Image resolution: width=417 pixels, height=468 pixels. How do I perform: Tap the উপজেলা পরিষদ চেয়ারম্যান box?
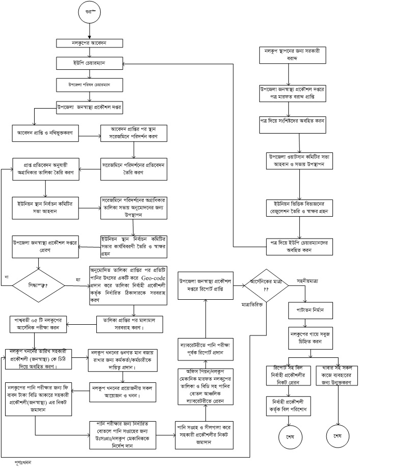[x=89, y=84]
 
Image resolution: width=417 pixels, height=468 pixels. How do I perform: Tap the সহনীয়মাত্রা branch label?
[x=308, y=280]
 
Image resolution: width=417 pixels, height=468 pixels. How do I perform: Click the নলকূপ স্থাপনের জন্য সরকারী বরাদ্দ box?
[x=291, y=55]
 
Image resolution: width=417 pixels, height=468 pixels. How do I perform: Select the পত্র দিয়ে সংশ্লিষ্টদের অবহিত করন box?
[x=291, y=123]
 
